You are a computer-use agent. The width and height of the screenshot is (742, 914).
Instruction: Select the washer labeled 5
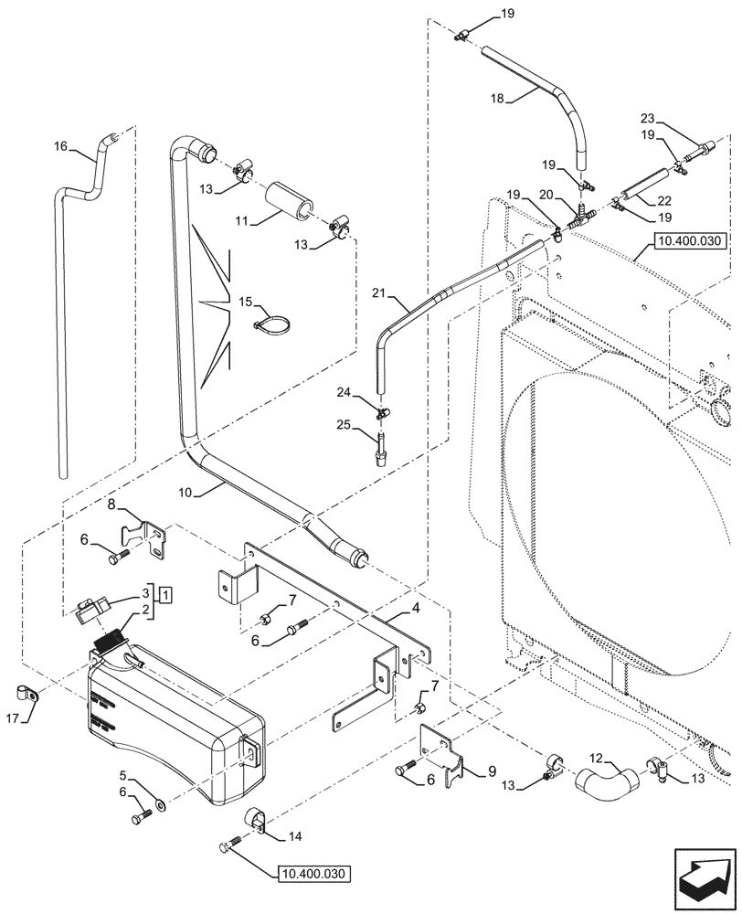click(161, 805)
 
